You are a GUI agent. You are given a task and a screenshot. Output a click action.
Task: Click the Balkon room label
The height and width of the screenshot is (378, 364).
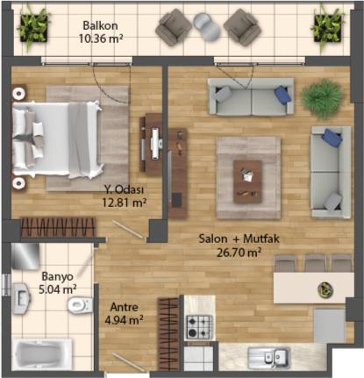point(100,25)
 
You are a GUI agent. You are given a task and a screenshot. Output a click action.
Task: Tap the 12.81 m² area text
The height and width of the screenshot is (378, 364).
point(125,203)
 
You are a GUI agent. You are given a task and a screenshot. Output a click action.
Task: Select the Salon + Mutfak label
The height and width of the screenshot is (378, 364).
point(239,239)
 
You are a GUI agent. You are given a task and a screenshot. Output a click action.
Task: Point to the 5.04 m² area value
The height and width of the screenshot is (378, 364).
point(58,289)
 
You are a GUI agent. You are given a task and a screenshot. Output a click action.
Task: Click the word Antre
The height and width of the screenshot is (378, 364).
point(125,307)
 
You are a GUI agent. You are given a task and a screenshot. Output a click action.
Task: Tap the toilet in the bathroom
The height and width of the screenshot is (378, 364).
point(80,305)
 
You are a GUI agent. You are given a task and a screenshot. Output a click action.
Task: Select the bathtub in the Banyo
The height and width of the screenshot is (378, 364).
point(42,354)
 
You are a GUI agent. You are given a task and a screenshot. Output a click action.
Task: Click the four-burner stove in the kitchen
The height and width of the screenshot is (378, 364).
point(198,326)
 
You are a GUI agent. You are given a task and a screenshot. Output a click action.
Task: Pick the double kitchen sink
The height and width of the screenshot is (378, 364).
point(268,358)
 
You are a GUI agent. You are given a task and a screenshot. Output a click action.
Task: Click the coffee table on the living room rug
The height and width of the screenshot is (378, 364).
point(247,182)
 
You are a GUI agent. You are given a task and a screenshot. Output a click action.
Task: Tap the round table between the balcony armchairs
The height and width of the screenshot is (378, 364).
point(206,26)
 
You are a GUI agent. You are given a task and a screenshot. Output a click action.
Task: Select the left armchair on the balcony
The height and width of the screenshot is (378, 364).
point(174,27)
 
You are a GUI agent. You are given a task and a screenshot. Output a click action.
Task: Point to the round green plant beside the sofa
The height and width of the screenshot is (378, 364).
point(322,99)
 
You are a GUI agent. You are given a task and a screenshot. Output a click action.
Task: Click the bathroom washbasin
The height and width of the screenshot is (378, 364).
point(21,298)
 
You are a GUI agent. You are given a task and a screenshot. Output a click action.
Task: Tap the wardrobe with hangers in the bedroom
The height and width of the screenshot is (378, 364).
point(59,227)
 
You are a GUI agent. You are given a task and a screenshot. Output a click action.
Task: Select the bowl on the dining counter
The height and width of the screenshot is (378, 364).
point(325,289)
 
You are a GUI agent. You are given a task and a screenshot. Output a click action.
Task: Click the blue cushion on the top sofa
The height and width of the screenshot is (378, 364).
point(282,94)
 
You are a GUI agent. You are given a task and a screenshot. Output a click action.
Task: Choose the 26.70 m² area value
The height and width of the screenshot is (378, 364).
point(239,253)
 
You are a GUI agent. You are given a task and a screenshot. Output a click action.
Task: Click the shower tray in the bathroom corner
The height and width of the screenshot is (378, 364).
point(25,256)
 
